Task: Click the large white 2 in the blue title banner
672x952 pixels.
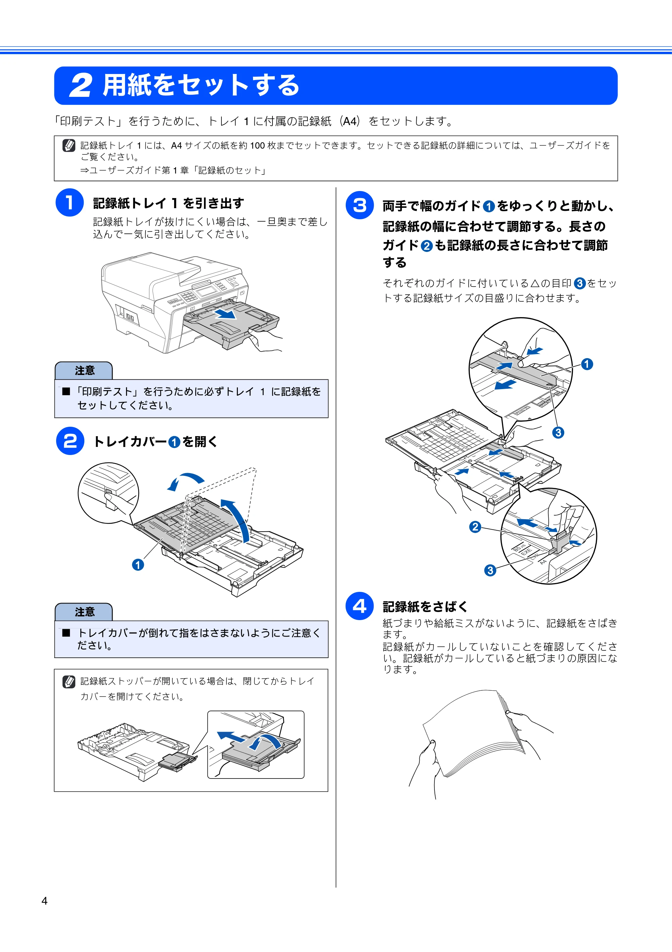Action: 80,86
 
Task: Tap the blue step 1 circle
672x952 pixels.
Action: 70,202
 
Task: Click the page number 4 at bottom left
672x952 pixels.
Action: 44,901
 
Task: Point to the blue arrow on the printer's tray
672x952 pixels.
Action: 225,313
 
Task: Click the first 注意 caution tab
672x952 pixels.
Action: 84,370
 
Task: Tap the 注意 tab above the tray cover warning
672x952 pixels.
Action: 84,612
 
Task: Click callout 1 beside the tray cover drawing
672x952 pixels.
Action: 138,564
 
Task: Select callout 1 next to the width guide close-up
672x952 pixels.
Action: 587,364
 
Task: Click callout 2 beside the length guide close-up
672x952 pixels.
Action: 475,527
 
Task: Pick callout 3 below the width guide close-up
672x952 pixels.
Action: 558,432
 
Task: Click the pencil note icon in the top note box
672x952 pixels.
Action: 69,146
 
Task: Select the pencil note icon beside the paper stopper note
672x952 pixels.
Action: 69,682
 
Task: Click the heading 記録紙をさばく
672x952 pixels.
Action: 425,607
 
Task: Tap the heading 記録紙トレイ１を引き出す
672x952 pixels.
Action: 168,203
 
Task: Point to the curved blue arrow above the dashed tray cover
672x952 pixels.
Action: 185,481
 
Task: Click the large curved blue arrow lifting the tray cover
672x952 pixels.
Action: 238,519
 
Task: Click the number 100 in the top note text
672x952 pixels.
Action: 257,146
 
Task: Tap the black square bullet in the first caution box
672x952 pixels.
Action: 66,391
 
